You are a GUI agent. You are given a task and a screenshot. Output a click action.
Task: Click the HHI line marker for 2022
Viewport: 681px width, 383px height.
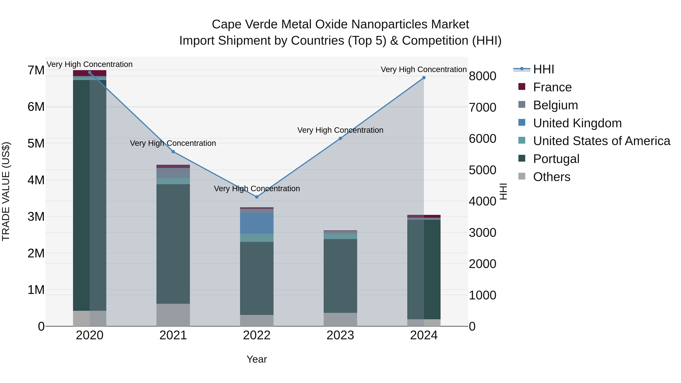tap(257, 197)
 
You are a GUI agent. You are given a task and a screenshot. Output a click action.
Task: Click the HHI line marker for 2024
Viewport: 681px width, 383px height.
tap(424, 78)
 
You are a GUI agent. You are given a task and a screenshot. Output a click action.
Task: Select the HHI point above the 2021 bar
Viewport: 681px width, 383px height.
tap(173, 152)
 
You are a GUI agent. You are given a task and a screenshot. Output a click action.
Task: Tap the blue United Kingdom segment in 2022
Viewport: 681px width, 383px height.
tap(257, 223)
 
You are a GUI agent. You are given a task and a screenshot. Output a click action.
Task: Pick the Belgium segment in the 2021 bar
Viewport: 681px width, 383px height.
tap(173, 173)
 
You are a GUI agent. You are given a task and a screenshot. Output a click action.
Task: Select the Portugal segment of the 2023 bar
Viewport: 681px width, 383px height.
tap(340, 276)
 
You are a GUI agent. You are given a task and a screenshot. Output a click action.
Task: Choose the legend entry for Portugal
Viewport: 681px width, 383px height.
tap(556, 159)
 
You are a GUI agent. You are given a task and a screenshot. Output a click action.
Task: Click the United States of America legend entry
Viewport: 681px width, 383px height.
tap(601, 141)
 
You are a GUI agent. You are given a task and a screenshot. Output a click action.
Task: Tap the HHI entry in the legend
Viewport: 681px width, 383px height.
tap(543, 69)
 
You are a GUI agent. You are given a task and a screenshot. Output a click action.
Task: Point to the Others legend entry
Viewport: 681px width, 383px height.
tap(551, 177)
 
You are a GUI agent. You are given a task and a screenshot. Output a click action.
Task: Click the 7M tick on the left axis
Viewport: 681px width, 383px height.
tap(36, 70)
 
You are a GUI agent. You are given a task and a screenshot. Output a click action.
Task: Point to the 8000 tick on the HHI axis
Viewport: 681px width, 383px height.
tap(482, 76)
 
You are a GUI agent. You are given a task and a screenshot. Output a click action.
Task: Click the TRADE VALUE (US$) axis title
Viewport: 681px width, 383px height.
tap(6, 191)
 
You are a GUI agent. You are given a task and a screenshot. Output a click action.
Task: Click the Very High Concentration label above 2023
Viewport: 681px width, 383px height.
tap(340, 130)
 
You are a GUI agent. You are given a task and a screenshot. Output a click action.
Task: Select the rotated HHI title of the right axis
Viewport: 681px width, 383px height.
tap(503, 191)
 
